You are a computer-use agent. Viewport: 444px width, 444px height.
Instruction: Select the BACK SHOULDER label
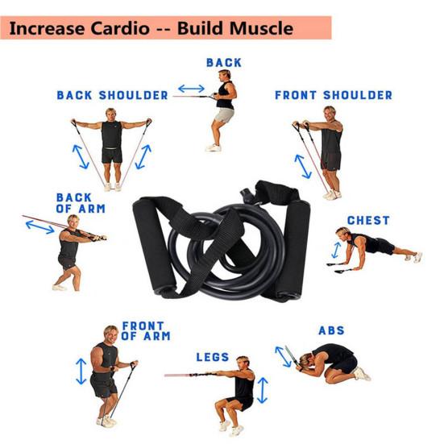tap(112, 95)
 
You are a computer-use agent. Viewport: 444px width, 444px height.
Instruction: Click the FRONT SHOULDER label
tap(334, 95)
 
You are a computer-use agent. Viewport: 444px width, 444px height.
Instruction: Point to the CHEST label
tap(368, 220)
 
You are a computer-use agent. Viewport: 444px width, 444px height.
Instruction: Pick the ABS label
tap(331, 330)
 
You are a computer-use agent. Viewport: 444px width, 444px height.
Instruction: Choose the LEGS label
tap(213, 357)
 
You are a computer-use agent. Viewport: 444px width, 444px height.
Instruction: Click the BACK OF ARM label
tap(81, 202)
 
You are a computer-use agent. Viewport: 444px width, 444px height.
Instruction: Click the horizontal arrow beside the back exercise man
tap(192, 89)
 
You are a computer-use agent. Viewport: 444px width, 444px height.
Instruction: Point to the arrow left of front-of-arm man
tap(81, 371)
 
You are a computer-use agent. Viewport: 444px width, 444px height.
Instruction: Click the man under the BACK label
tap(223, 109)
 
